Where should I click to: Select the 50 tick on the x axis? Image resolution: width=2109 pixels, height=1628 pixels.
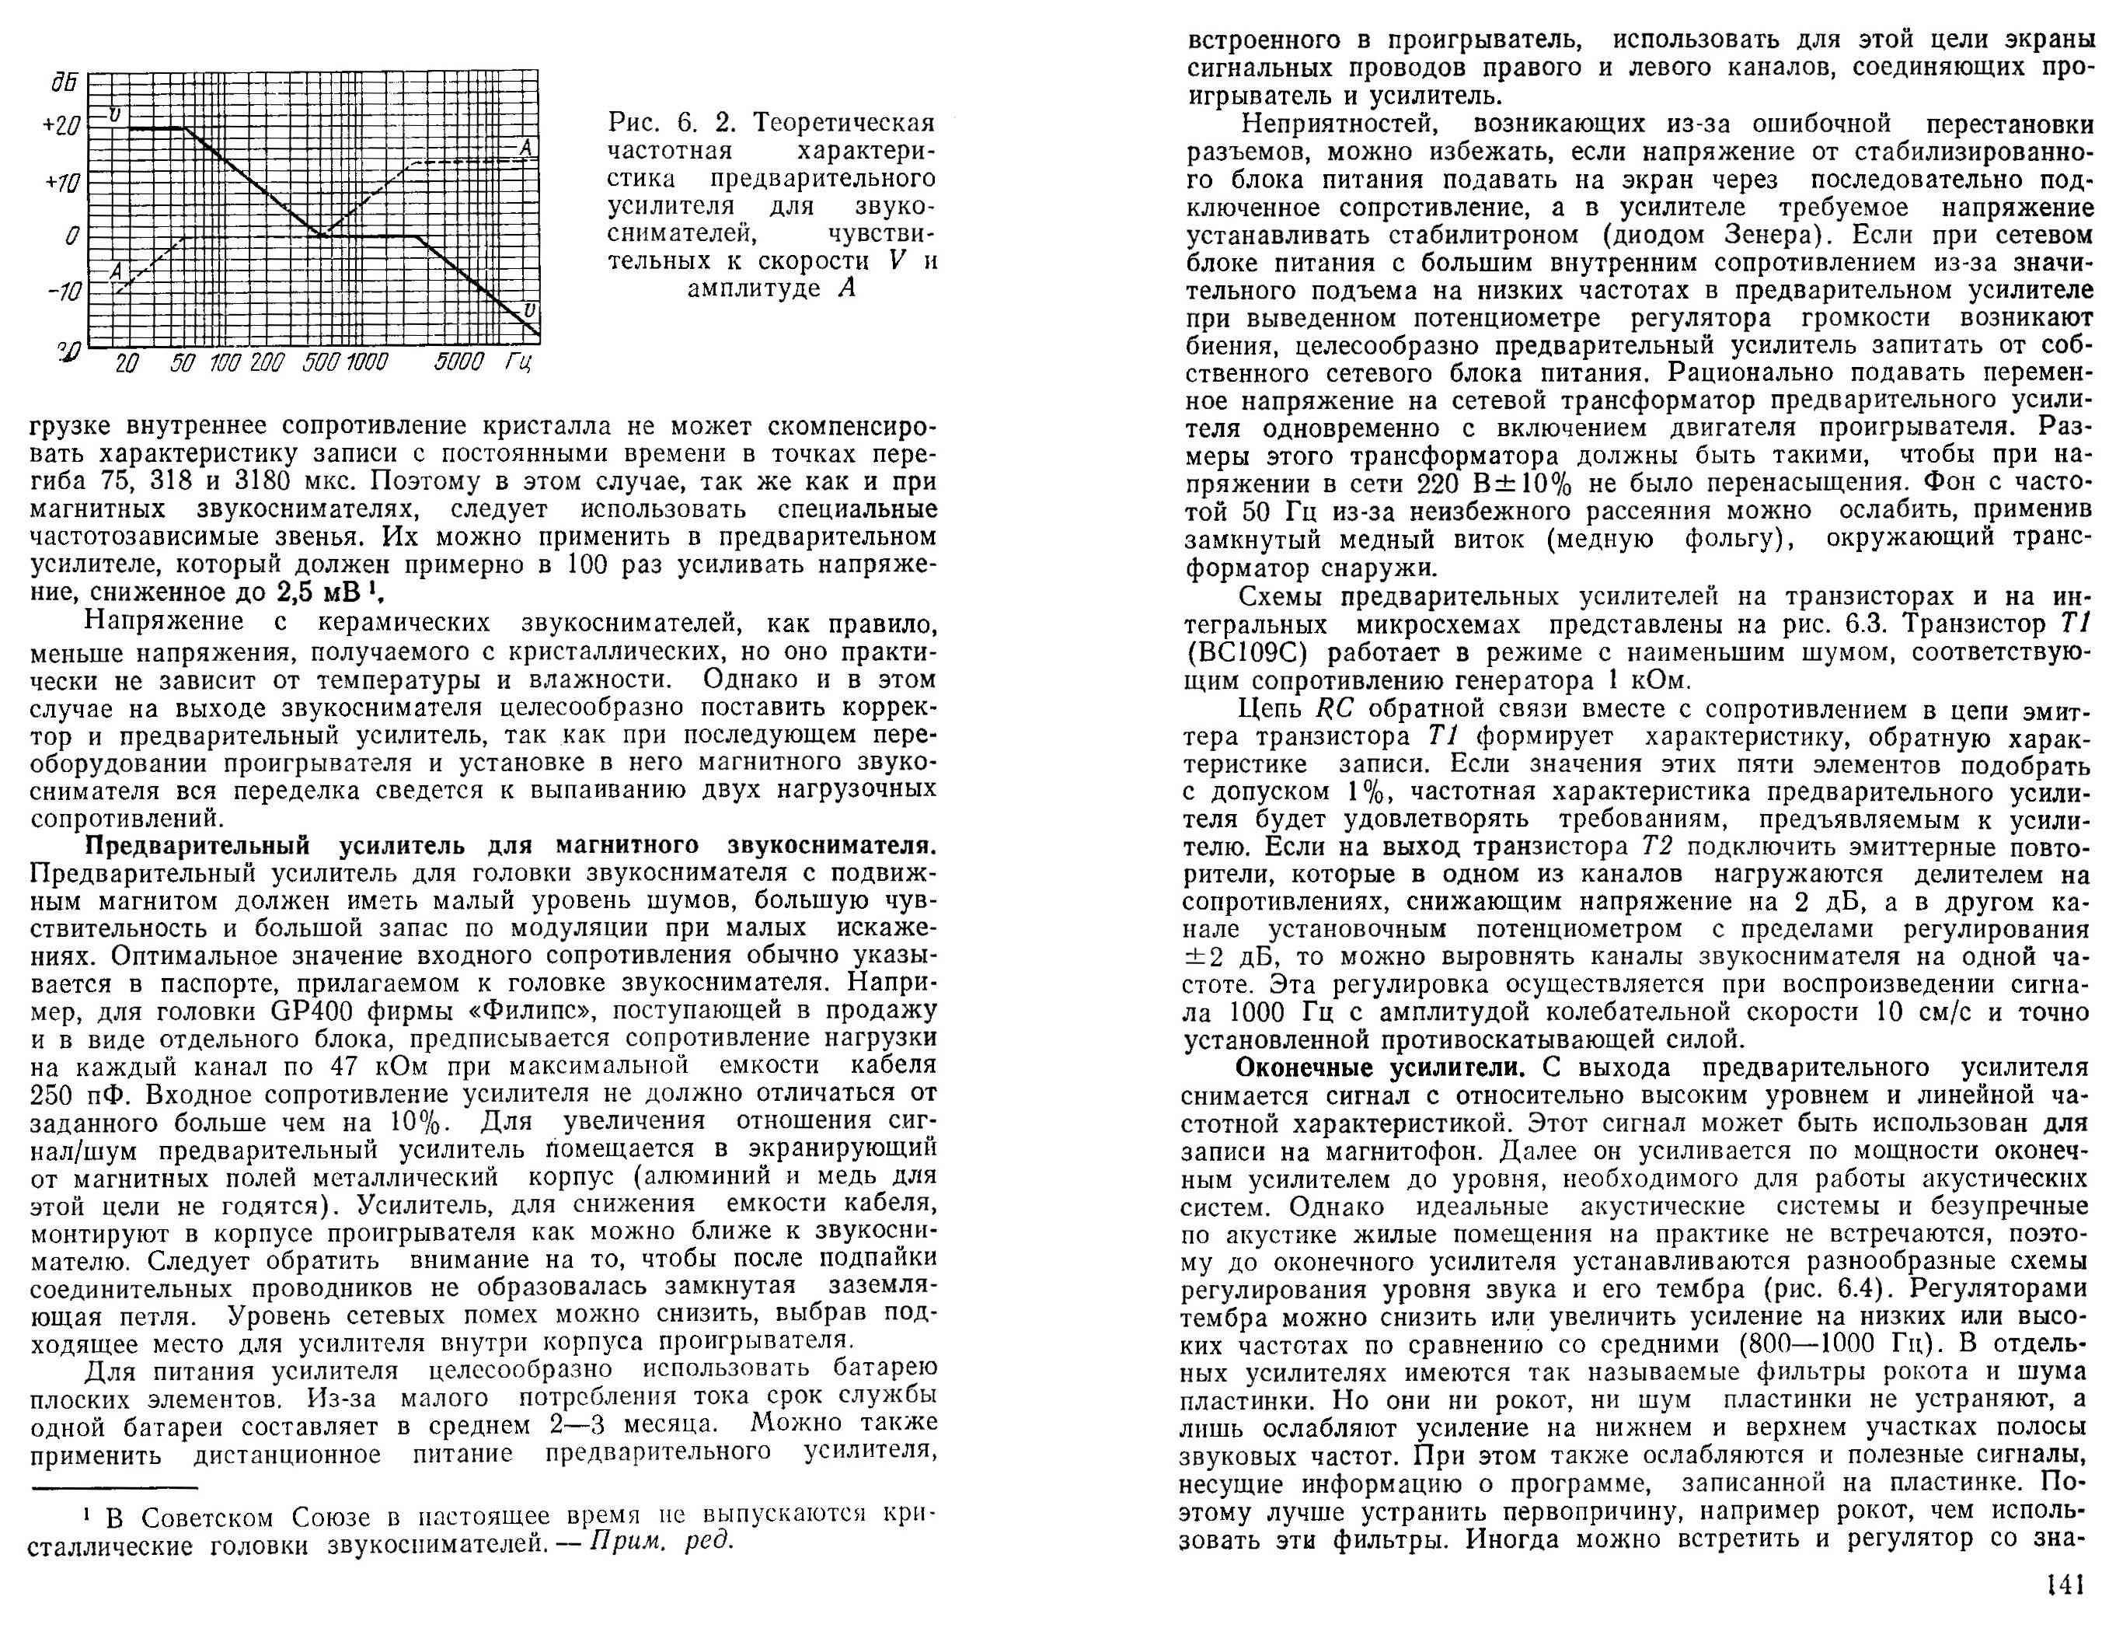tap(183, 363)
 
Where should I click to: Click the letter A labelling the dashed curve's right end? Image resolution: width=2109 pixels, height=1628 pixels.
tap(525, 148)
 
